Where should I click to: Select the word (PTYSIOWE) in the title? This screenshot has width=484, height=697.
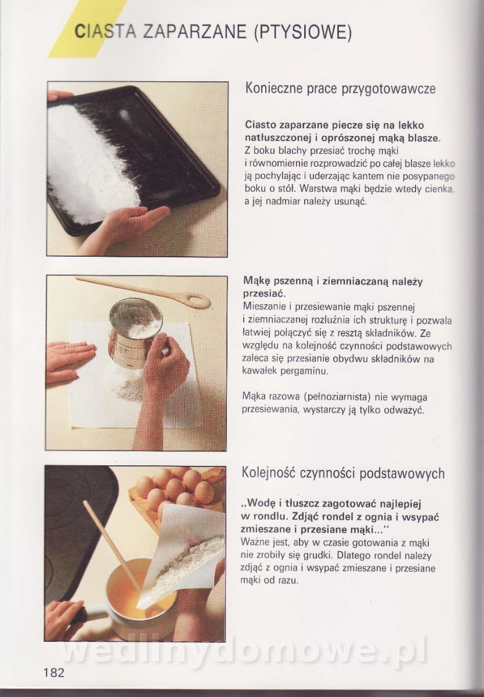pyautogui.click(x=302, y=32)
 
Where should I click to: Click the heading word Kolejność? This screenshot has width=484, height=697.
pyautogui.click(x=269, y=473)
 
